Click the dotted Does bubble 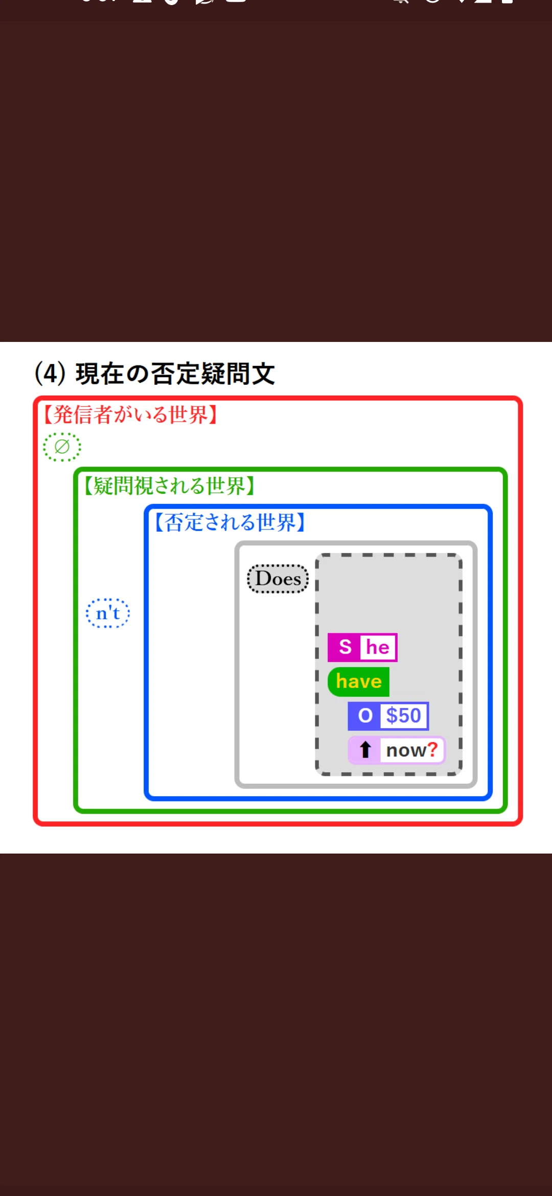click(x=278, y=579)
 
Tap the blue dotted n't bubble click(x=108, y=613)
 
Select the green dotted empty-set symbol click(x=62, y=447)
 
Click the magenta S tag click(x=345, y=647)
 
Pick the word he click(x=378, y=648)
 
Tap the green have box click(x=359, y=681)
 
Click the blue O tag click(x=365, y=716)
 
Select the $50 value click(x=404, y=716)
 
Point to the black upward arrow click(x=365, y=750)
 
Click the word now click(x=406, y=751)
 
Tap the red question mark click(x=432, y=749)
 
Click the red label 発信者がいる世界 click(x=130, y=415)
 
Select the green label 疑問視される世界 click(x=169, y=486)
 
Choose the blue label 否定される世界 click(x=229, y=522)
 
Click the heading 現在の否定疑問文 click(x=175, y=374)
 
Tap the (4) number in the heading click(x=50, y=374)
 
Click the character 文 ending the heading click(x=263, y=374)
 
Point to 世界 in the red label click(x=188, y=415)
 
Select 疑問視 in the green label click(x=123, y=486)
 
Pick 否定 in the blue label click(x=184, y=522)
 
